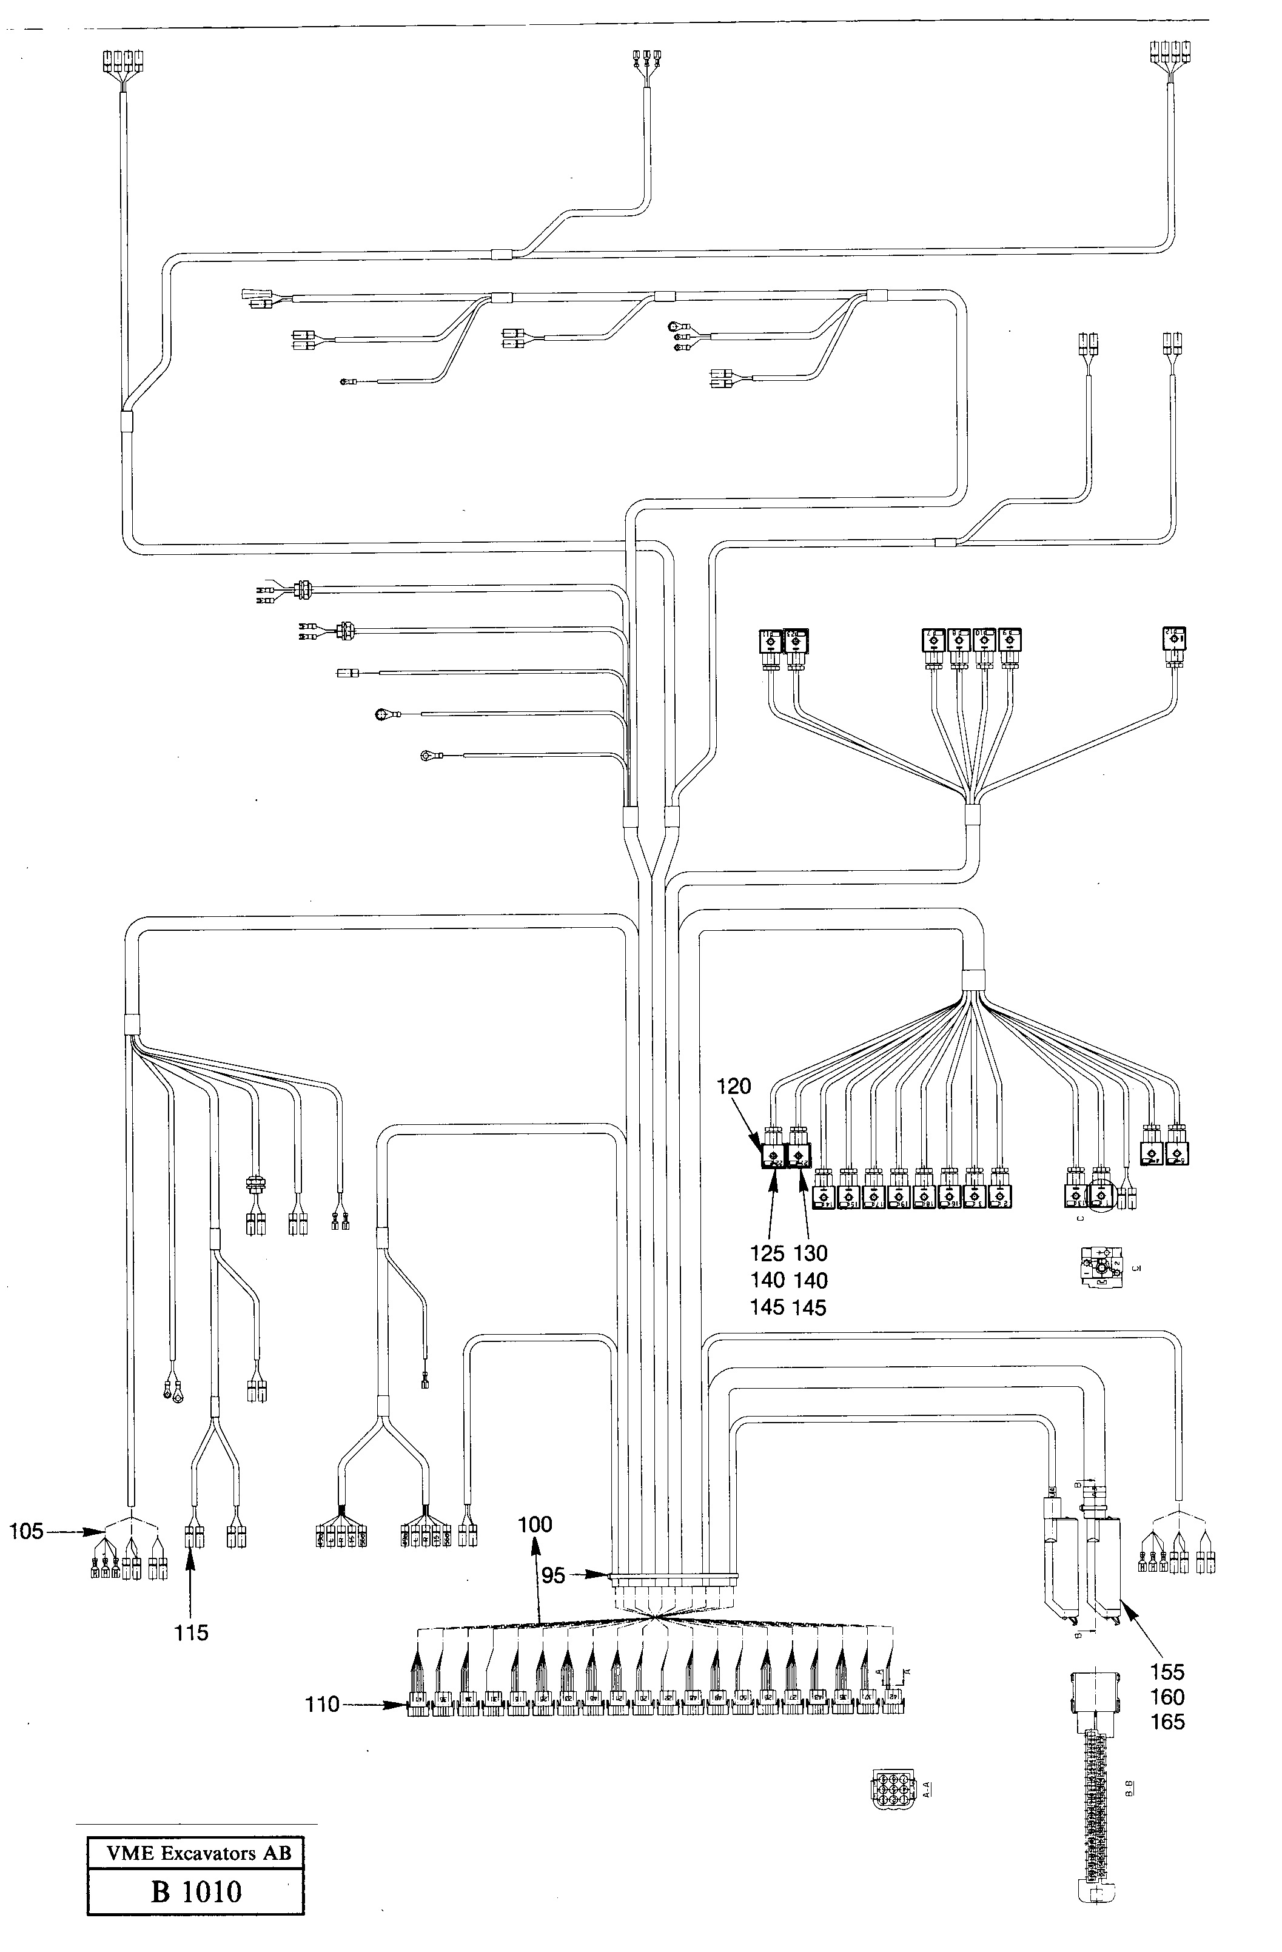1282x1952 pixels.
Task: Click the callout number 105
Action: coord(25,1531)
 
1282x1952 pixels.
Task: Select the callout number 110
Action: coord(321,1705)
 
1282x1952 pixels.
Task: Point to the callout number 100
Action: coord(535,1524)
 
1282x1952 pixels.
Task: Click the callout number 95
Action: coord(553,1575)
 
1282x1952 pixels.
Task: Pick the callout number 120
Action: coord(733,1086)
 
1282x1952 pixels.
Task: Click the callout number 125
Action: coord(767,1253)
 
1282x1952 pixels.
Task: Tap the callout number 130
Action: coord(810,1253)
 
